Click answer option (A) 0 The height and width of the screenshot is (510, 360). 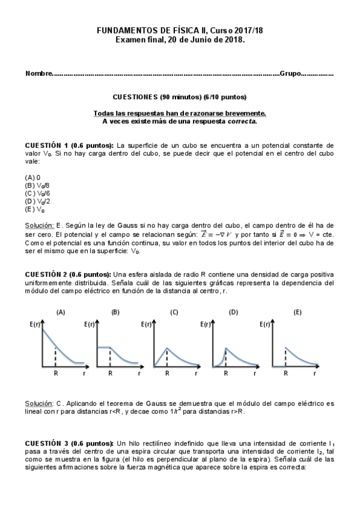tap(32, 178)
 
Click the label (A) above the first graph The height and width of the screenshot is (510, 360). tap(61, 312)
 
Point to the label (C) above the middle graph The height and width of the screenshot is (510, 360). tap(174, 312)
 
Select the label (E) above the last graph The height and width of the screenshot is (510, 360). tap(297, 312)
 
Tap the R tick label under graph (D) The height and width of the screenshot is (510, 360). tap(226, 373)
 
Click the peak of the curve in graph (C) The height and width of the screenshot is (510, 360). tap(168, 348)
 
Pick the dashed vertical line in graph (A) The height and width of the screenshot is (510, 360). tap(55, 355)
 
